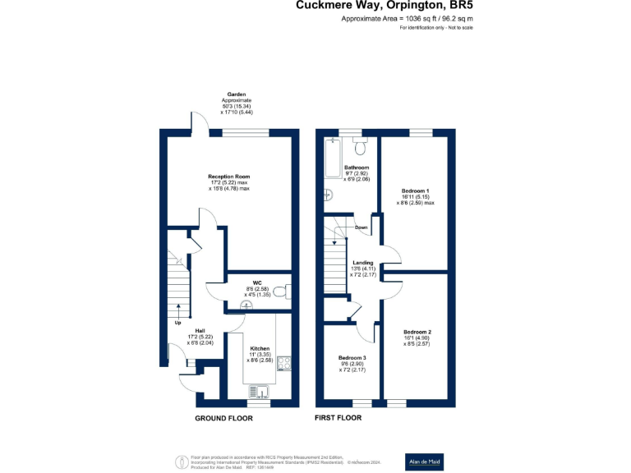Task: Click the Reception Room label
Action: [228, 177]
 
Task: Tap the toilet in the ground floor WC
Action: [279, 292]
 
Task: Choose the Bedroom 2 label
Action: [417, 332]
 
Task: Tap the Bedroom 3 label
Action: [352, 358]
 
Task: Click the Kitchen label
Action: [260, 348]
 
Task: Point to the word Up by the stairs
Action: [177, 323]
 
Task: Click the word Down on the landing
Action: [361, 227]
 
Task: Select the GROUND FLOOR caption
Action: [223, 418]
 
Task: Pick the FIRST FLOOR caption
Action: [339, 418]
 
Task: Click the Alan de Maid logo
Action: [425, 462]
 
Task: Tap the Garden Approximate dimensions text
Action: [237, 103]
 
